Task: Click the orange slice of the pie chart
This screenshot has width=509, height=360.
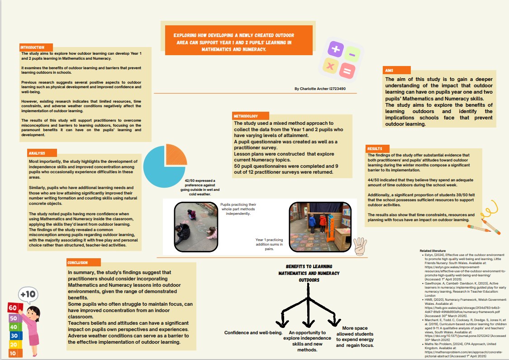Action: (x=176, y=155)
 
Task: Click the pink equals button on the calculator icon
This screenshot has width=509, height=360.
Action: (x=347, y=71)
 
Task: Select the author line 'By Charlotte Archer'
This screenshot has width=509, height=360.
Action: (x=320, y=89)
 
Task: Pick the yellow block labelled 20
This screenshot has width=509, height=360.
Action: (x=14, y=345)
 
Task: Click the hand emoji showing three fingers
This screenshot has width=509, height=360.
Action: (x=360, y=246)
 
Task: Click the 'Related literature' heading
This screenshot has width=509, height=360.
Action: (x=433, y=250)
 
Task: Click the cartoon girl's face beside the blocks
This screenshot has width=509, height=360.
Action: (x=33, y=313)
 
